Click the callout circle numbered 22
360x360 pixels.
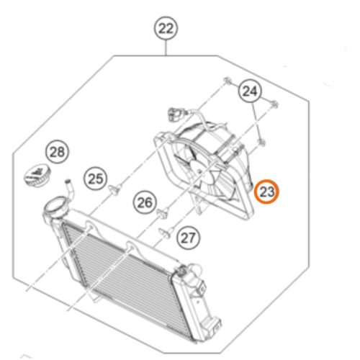pos(166,29)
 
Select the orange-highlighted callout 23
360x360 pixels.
pos(266,192)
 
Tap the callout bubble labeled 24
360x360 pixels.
pos(250,91)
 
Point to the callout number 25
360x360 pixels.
pos(95,179)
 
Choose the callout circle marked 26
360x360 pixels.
pos(145,202)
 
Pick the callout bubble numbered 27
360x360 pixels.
pos(189,238)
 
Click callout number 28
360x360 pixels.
pos(57,152)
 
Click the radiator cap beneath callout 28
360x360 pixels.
pos(37,176)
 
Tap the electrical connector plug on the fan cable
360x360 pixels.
pos(175,114)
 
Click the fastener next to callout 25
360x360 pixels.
pos(115,189)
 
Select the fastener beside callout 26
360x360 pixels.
pos(163,213)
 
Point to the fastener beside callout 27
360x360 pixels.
pos(166,233)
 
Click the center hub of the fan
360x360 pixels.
pos(199,171)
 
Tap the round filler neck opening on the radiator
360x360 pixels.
pos(55,205)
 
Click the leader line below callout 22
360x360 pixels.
pos(166,48)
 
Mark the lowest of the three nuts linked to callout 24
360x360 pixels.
pos(261,142)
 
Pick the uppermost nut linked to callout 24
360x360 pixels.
pos(227,80)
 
